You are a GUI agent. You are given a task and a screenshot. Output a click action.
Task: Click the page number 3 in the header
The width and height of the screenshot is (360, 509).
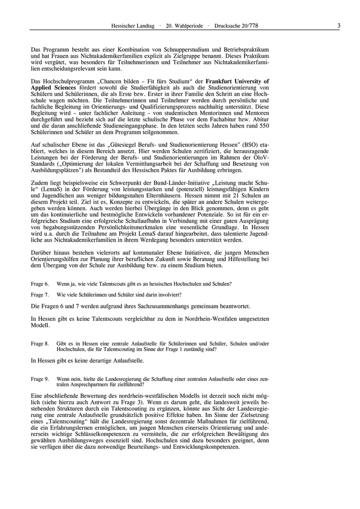tap(338, 26)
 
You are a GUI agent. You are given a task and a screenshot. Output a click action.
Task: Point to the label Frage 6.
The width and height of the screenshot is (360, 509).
tap(40, 284)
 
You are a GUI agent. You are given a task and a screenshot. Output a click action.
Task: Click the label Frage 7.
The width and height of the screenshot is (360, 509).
tap(40, 295)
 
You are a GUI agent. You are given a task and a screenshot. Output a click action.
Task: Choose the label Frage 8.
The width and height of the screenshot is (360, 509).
tap(40, 343)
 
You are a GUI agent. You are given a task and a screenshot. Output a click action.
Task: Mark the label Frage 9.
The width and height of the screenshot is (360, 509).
tap(40, 379)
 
